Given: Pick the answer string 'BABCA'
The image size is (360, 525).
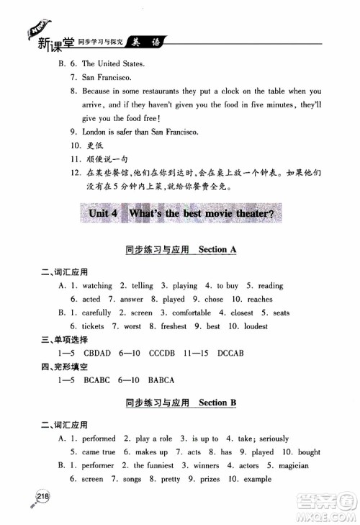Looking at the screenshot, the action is (x=161, y=380).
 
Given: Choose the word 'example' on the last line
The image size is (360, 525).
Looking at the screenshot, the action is (x=258, y=479).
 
